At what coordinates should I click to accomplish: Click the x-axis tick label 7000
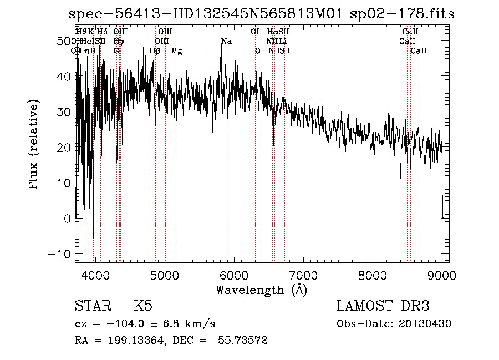coord(303,275)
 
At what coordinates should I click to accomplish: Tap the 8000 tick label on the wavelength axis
coord(373,275)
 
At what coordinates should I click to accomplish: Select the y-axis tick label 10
coord(65,183)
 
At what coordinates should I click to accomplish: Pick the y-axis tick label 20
coord(65,148)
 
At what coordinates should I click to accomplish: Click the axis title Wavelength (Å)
coord(261,290)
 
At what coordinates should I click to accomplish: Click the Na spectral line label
coord(226,42)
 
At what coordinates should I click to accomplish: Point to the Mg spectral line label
coord(176,51)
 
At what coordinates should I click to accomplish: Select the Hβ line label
coord(155,51)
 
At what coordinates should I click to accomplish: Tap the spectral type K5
coord(143,306)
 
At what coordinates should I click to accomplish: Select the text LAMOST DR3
coord(383,306)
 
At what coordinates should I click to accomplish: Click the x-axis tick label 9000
coord(442,275)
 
